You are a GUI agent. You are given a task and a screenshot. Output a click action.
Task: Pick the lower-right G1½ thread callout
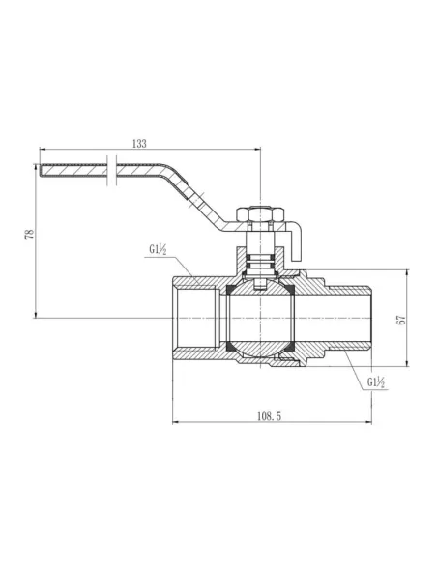(378, 382)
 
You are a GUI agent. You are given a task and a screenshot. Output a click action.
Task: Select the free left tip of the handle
(43, 173)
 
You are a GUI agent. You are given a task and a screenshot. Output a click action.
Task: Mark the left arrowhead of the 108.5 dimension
(175, 422)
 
